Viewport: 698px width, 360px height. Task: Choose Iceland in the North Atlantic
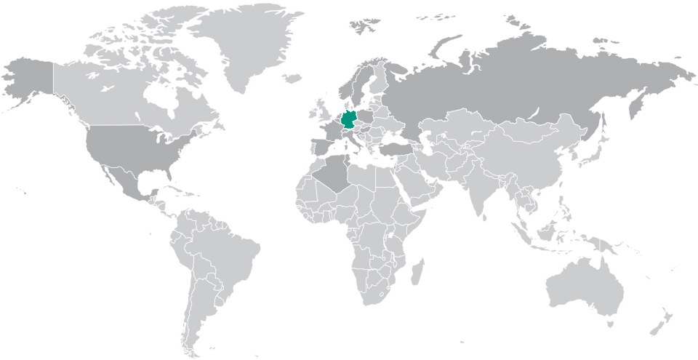click(x=292, y=78)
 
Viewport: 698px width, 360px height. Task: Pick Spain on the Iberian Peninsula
click(x=321, y=143)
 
